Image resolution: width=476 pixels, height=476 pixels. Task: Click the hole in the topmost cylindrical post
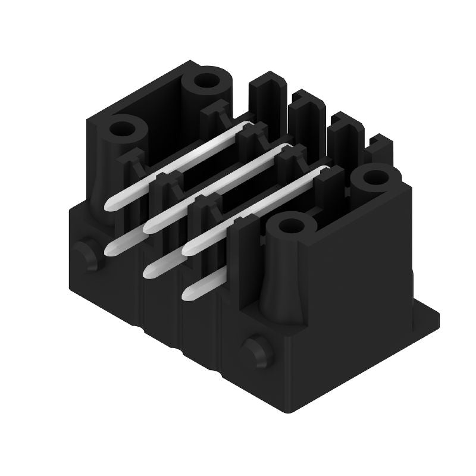point(207,81)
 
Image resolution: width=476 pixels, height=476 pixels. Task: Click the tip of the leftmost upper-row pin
point(110,206)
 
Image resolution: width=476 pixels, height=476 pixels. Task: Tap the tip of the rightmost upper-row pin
point(187,248)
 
